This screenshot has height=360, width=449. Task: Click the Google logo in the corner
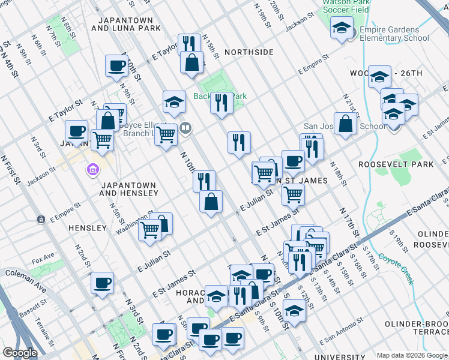(20, 353)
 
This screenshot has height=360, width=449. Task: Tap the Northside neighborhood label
(249, 52)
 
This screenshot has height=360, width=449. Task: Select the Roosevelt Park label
(404, 164)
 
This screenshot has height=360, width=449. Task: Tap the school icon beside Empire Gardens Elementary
(342, 28)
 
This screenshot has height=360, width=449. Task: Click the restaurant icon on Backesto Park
(221, 103)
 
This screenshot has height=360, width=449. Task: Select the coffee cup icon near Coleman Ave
(103, 282)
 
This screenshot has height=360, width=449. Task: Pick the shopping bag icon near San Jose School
(346, 124)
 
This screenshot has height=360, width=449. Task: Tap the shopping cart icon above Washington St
(149, 229)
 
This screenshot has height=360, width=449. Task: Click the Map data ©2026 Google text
(412, 355)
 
